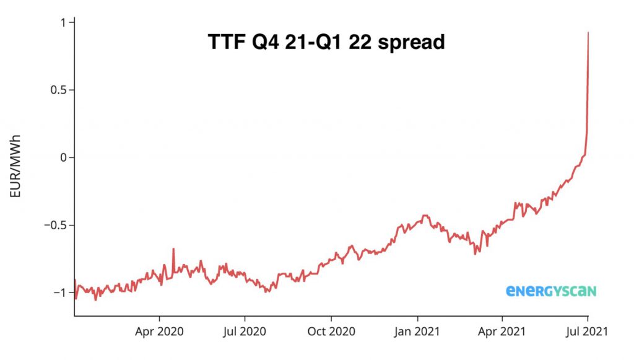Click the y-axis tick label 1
(63, 22)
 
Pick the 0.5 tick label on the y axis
(58, 90)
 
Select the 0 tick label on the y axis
(63, 157)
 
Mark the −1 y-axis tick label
(59, 292)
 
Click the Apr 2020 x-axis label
(159, 331)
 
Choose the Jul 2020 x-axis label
(244, 331)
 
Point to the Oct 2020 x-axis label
(331, 331)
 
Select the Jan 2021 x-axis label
(417, 331)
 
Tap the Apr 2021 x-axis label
(501, 331)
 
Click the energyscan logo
(551, 291)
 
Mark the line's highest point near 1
(588, 33)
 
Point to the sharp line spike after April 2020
(173, 249)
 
